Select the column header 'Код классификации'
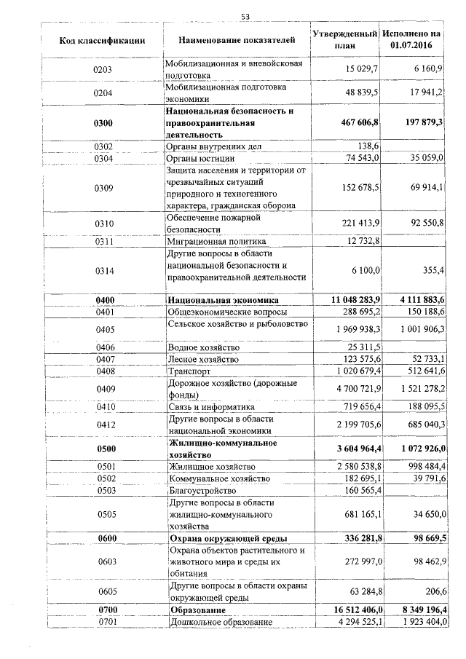click(x=102, y=40)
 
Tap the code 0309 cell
click(x=105, y=188)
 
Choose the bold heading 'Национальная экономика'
click(x=223, y=300)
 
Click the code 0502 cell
click(x=105, y=478)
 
